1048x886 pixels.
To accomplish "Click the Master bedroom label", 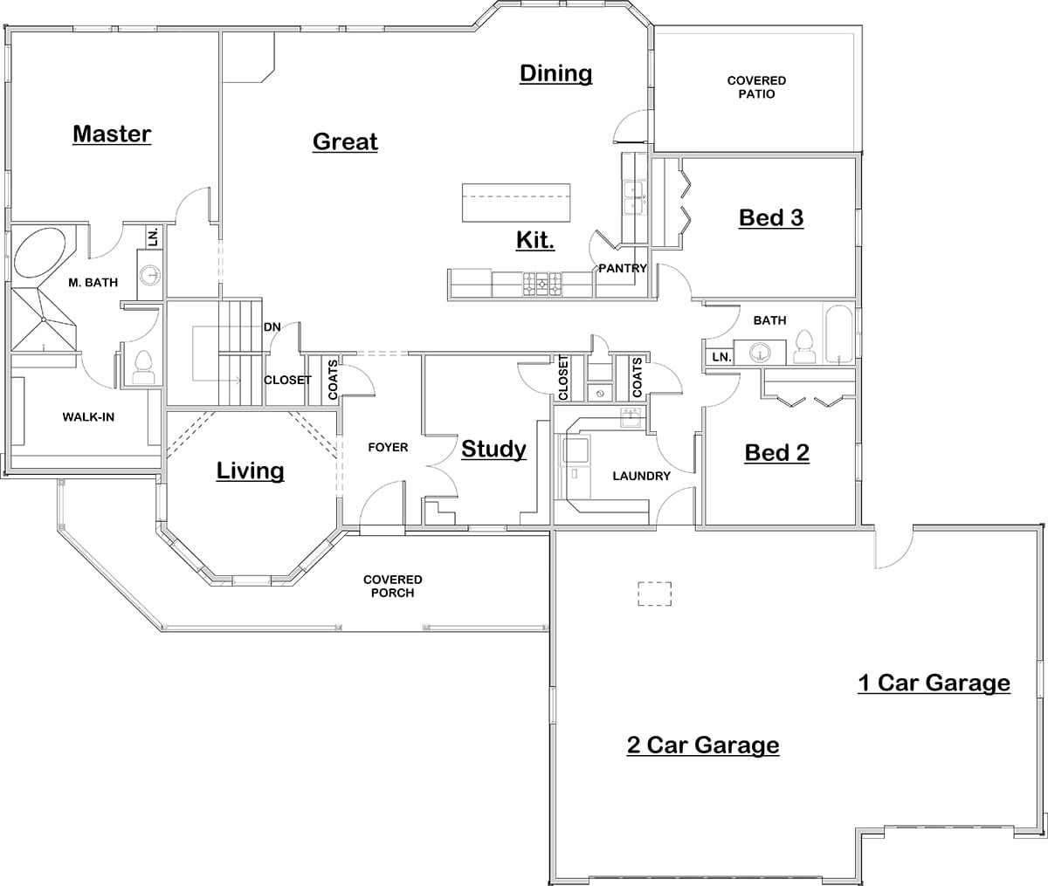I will click(x=112, y=134).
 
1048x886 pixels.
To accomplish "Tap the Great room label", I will click(x=345, y=141).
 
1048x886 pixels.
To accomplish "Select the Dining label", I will click(x=555, y=73).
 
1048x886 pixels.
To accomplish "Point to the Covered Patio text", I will click(x=756, y=87).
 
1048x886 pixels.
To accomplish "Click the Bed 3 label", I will click(x=771, y=217).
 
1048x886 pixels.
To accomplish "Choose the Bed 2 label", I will click(x=776, y=452).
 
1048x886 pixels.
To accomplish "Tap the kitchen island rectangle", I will click(x=515, y=203).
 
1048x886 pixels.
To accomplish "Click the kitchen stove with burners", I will click(x=541, y=284).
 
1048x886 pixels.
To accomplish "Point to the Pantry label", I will click(x=622, y=269).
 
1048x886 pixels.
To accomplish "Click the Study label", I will click(x=493, y=450).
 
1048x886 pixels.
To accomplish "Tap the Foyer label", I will click(x=388, y=448).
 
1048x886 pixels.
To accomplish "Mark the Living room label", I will click(x=250, y=471).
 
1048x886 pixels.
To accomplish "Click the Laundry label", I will click(x=641, y=476).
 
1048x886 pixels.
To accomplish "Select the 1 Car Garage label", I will click(x=934, y=683).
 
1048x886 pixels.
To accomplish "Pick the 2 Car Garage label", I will click(x=703, y=745).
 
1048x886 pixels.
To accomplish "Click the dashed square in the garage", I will click(x=655, y=594).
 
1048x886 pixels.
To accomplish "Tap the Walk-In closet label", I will click(x=88, y=417).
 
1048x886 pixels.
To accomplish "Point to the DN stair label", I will click(x=272, y=327).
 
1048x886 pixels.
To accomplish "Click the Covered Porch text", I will click(x=392, y=586).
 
